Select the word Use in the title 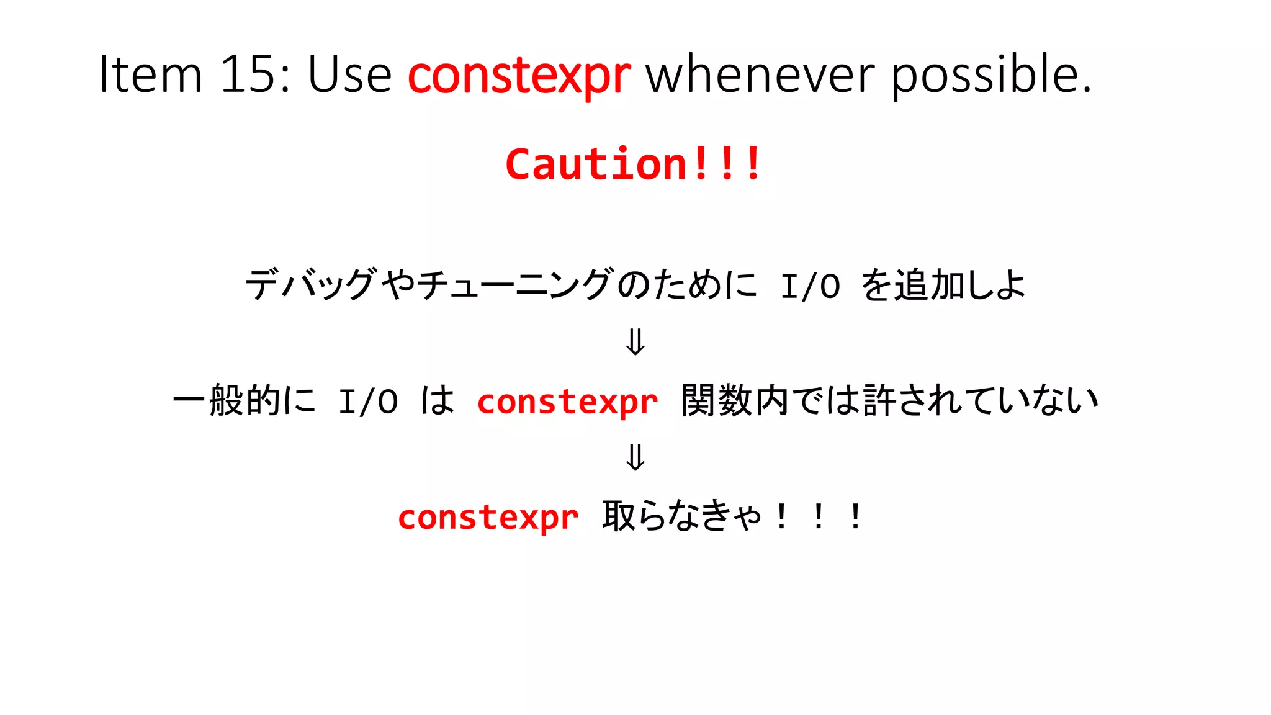tap(349, 74)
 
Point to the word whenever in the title tap(760, 74)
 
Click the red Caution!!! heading tap(633, 164)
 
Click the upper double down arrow tap(635, 342)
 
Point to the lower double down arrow tap(635, 457)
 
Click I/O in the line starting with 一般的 tap(367, 402)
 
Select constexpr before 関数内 tap(567, 402)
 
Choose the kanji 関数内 tap(735, 400)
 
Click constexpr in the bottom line tap(488, 518)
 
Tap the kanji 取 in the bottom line tap(619, 516)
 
